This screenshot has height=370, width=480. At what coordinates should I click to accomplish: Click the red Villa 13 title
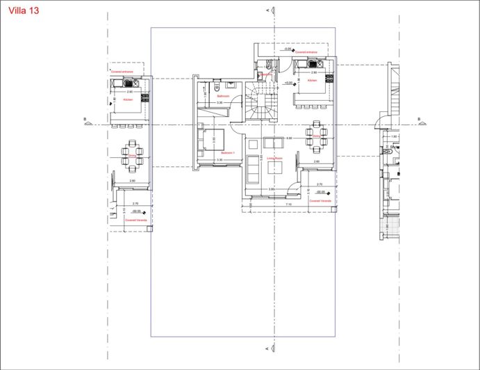point(24,11)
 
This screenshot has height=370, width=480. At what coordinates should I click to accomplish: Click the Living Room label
point(274,158)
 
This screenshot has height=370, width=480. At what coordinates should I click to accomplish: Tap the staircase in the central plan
point(262,104)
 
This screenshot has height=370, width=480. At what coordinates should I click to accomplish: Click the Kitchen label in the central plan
point(313,81)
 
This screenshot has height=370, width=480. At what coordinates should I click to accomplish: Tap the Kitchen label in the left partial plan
point(128,99)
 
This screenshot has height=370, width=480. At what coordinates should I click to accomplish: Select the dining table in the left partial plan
point(131,154)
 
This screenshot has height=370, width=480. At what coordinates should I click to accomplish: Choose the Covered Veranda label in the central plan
point(318,200)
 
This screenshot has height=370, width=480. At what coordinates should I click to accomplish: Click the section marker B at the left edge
point(85,120)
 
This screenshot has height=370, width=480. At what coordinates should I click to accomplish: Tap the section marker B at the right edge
point(419,120)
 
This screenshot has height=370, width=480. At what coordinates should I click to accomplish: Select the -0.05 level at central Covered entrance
point(287,49)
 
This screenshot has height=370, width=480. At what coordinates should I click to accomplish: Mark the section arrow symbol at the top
point(272,10)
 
